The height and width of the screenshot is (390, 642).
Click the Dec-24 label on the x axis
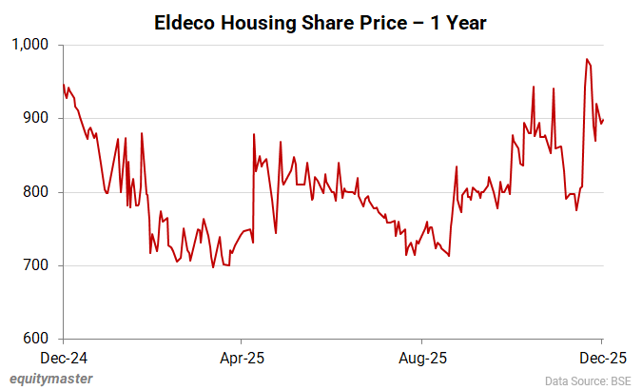pyautogui.click(x=63, y=360)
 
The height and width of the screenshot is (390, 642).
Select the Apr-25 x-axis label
pyautogui.click(x=242, y=360)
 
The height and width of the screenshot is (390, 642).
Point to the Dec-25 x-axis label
pyautogui.click(x=602, y=360)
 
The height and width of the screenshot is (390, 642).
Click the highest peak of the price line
pyautogui.click(x=588, y=60)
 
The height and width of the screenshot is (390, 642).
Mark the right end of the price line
pyautogui.click(x=603, y=119)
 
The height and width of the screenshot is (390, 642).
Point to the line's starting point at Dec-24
pyautogui.click(x=64, y=85)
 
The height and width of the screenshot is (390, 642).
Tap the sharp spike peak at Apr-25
pyautogui.click(x=254, y=134)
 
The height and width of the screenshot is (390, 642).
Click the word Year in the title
pyautogui.click(x=465, y=22)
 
